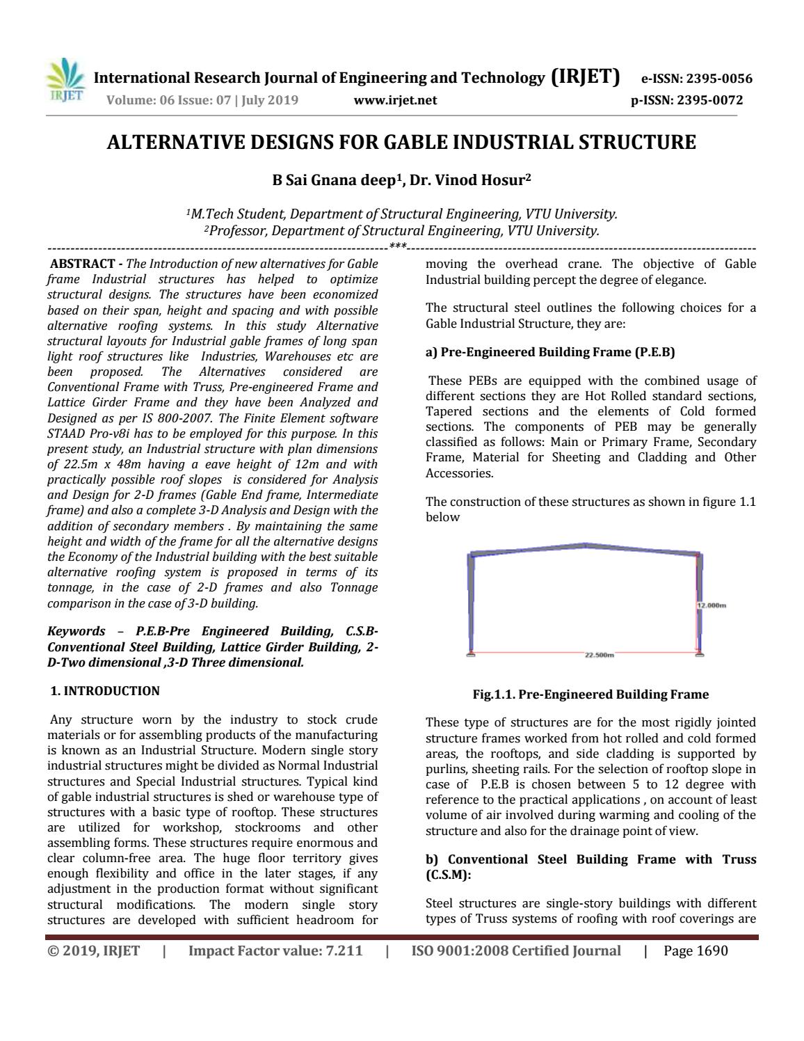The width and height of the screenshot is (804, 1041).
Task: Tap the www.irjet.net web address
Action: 395,100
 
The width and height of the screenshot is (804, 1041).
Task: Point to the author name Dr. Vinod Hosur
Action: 470,180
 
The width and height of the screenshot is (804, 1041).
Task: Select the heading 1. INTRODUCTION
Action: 105,691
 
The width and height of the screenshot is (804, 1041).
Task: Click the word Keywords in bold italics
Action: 76,631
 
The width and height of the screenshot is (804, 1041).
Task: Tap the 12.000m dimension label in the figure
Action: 711,605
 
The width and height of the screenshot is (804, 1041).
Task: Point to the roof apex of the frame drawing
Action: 586,545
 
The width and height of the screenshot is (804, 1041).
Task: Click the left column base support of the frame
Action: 471,653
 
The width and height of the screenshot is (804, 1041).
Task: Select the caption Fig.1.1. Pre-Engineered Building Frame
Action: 590,694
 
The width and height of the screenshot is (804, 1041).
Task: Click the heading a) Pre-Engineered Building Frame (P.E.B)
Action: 550,352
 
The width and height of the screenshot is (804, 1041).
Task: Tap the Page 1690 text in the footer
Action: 696,951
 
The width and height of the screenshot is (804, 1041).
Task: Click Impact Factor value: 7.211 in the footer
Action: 275,951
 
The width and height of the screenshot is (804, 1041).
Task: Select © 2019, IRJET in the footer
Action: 93,951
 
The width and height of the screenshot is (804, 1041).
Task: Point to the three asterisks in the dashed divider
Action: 398,247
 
